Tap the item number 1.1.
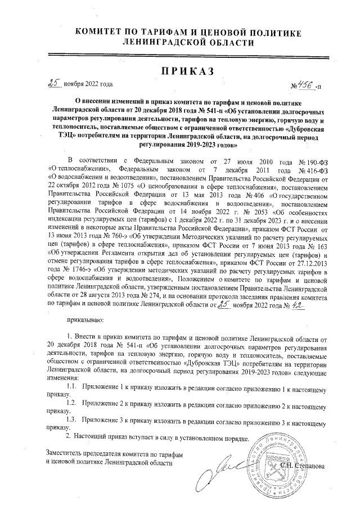71,387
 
